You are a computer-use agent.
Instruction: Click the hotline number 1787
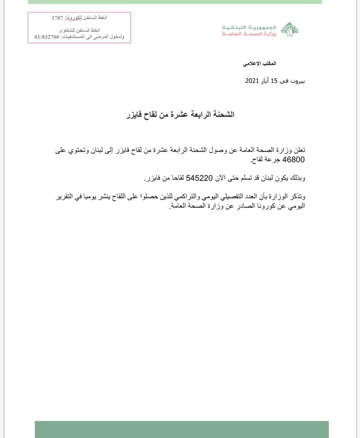tap(57, 18)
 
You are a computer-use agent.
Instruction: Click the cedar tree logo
tap(289, 29)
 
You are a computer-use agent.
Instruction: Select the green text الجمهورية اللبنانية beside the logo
tap(249, 27)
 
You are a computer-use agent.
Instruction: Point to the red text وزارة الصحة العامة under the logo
tap(249, 33)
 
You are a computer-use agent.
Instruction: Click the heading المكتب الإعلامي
tap(259, 63)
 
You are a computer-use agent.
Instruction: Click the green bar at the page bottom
tap(181, 429)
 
